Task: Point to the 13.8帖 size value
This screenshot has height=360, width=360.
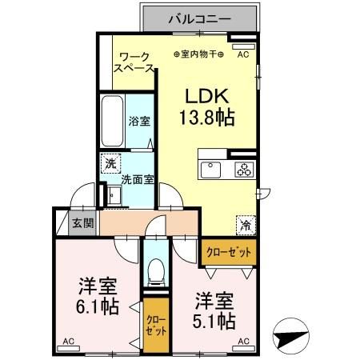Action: (x=206, y=118)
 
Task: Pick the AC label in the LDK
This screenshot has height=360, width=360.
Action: (x=243, y=54)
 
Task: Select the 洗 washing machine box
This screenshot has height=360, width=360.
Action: (x=108, y=163)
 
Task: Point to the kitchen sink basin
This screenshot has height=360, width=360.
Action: (x=212, y=169)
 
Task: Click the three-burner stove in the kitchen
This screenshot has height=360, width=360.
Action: (x=242, y=169)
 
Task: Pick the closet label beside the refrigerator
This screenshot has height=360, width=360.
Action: (x=228, y=251)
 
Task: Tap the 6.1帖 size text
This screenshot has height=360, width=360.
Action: (x=98, y=307)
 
